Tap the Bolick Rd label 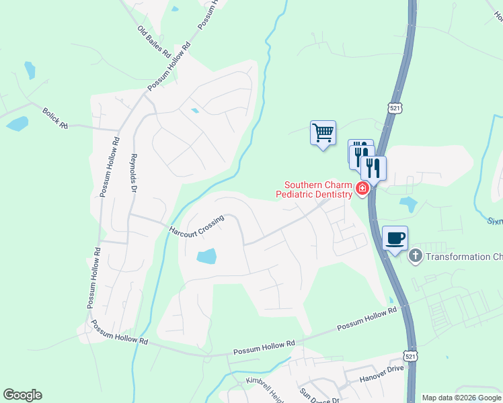tap(55, 117)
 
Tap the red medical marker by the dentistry tap(362, 189)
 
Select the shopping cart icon tap(323, 132)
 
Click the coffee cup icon tap(395, 238)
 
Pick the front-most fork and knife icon tap(373, 167)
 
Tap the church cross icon tap(416, 256)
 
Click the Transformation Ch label tap(464, 257)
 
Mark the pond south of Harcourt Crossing tap(207, 255)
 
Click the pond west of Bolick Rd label tap(18, 124)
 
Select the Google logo tap(22, 395)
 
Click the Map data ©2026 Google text tap(461, 398)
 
